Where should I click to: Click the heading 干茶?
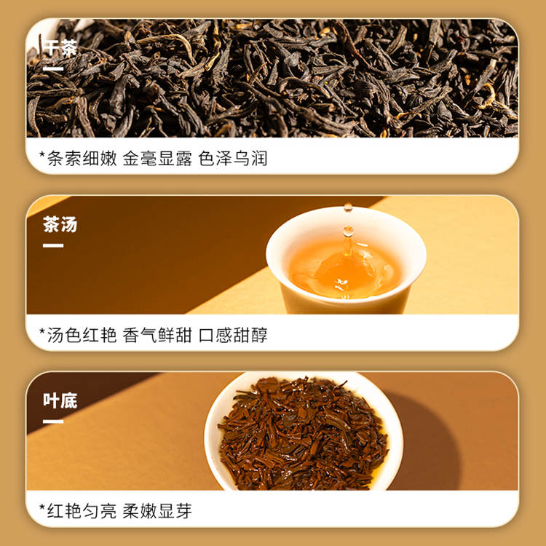pyautogui.click(x=60, y=48)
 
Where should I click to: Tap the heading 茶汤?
pyautogui.click(x=60, y=224)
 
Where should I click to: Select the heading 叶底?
pyautogui.click(x=60, y=400)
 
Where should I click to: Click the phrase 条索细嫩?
pyautogui.click(x=82, y=159)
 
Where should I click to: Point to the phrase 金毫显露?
pyautogui.click(x=157, y=159)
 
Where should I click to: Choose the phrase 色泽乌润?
pyautogui.click(x=233, y=159)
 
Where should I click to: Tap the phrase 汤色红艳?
pyautogui.click(x=82, y=335)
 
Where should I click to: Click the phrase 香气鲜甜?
pyautogui.click(x=157, y=335)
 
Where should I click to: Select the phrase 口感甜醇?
pyautogui.click(x=233, y=335)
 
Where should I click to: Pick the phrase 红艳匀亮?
pyautogui.click(x=82, y=511)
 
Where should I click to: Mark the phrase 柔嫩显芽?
pyautogui.click(x=157, y=511)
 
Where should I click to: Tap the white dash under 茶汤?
pyautogui.click(x=53, y=245)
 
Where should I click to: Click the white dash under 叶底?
pyautogui.click(x=53, y=422)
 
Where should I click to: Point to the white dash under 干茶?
pyautogui.click(x=53, y=69)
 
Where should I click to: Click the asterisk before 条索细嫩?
pyautogui.click(x=42, y=154)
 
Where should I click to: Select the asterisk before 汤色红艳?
pyautogui.click(x=42, y=331)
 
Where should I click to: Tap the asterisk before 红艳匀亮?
pyautogui.click(x=42, y=507)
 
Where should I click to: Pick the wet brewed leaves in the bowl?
pyautogui.click(x=303, y=434)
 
